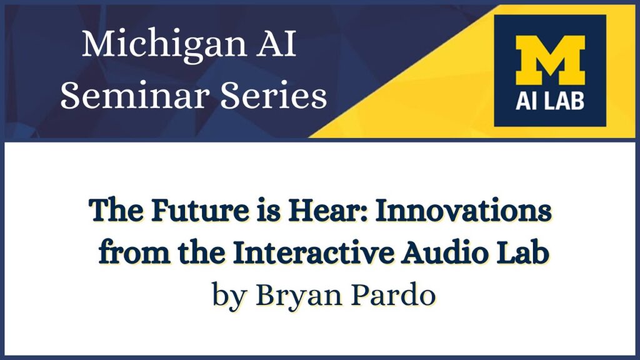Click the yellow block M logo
tap(550, 60)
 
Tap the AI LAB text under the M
tap(550, 101)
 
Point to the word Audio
tap(444, 252)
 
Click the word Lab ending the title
tap(522, 252)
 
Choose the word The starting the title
tap(116, 210)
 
